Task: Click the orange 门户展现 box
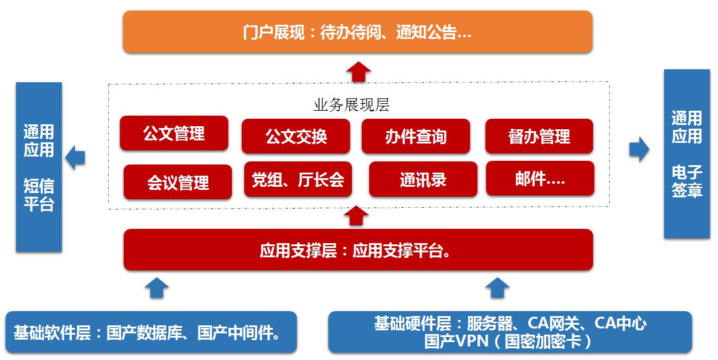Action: click(x=357, y=32)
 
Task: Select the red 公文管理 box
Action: click(x=174, y=133)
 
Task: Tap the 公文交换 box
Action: click(x=296, y=136)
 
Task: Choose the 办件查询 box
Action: click(x=416, y=136)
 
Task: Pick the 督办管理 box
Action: click(x=539, y=136)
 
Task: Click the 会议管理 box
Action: click(x=177, y=182)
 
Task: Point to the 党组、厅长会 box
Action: click(x=298, y=179)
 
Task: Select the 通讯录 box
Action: click(x=423, y=179)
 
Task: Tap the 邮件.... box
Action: click(x=541, y=179)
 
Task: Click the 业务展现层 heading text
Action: click(x=351, y=105)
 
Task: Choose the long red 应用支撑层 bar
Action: click(x=358, y=250)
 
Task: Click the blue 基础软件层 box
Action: click(x=151, y=332)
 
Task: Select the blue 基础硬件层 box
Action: click(x=510, y=332)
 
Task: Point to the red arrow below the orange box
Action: click(x=358, y=72)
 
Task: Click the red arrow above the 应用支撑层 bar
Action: click(x=356, y=215)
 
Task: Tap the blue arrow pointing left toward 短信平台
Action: click(x=75, y=158)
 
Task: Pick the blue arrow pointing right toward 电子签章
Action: click(x=639, y=149)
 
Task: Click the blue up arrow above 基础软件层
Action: click(x=156, y=288)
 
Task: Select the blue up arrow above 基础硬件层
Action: click(x=497, y=288)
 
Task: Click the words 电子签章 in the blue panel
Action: click(x=687, y=181)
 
